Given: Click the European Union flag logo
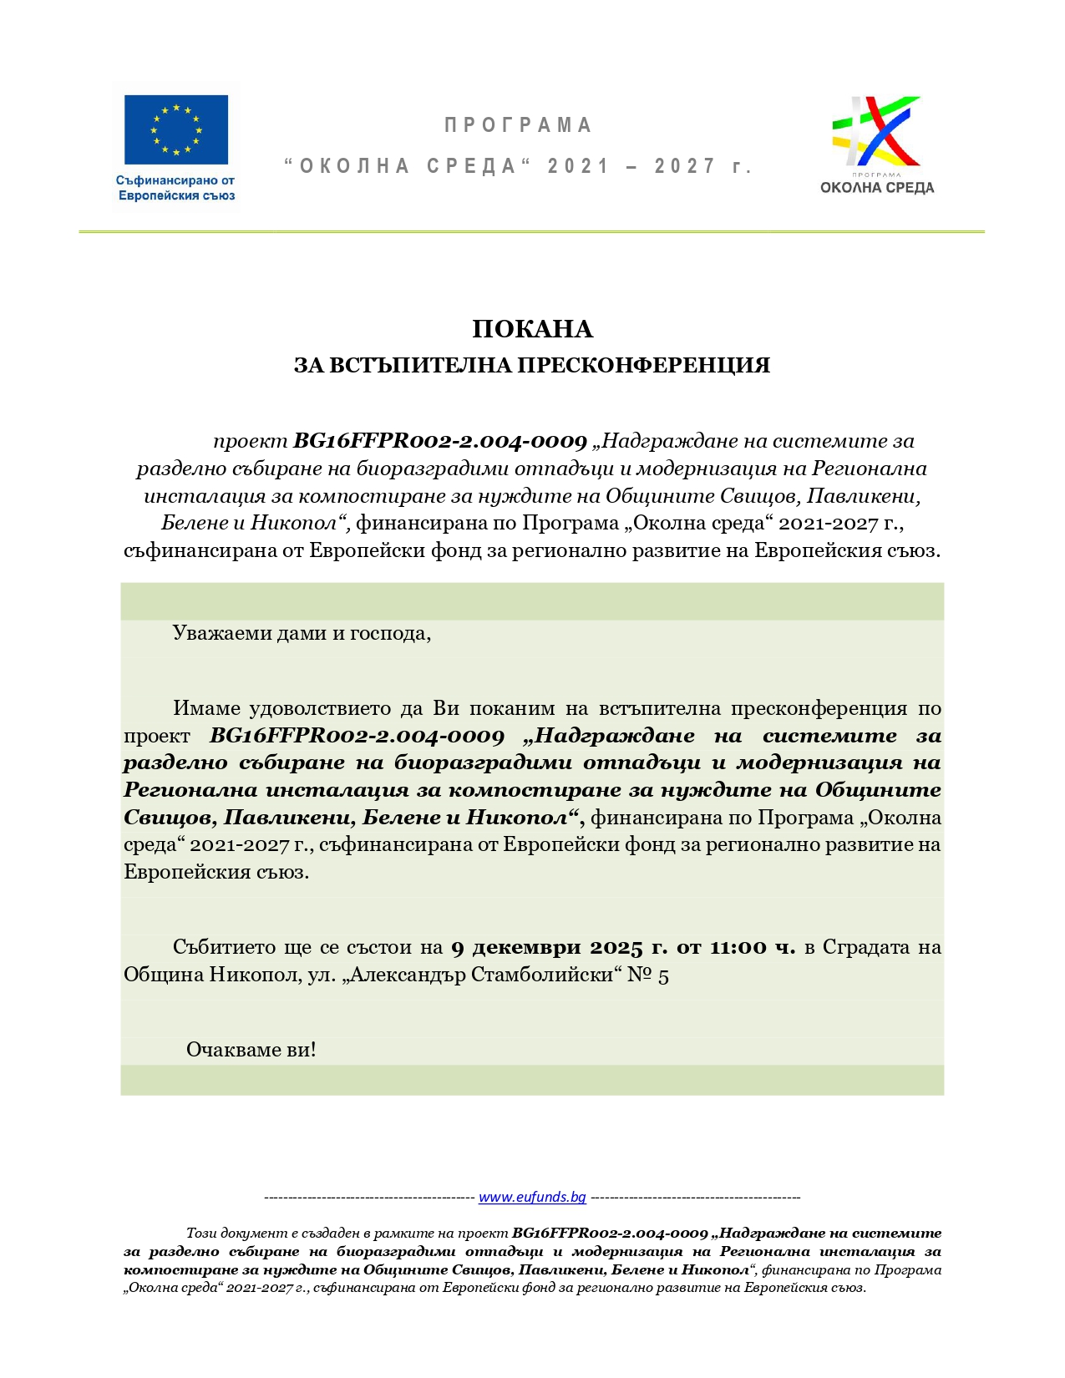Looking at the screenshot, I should [x=175, y=129].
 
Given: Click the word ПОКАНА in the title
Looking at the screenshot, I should [x=532, y=329].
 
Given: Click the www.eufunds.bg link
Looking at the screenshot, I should [x=532, y=1197].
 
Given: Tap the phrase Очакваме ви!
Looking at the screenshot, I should [x=251, y=1050].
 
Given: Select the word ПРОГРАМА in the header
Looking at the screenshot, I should [x=518, y=125].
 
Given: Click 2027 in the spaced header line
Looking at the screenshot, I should [x=685, y=166].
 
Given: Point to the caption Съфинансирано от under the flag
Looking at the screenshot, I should [x=175, y=180].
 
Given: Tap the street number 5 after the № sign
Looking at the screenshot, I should [x=663, y=975].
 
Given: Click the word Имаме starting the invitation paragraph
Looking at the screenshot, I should [x=205, y=708].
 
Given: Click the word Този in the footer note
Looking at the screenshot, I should [x=201, y=1233].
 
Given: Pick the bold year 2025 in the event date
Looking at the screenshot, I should [x=616, y=947].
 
